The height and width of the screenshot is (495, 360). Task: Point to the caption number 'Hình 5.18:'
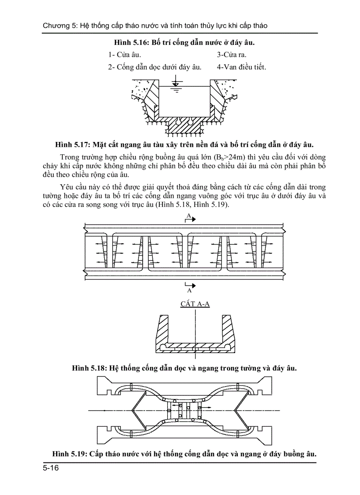click(89, 368)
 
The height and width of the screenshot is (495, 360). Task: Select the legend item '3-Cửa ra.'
click(231, 55)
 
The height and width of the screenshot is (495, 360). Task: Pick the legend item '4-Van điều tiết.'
click(241, 67)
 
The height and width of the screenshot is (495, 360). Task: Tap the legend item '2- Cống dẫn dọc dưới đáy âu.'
click(155, 67)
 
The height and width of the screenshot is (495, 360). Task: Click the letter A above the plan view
click(188, 215)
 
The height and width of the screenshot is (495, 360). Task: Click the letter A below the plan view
click(189, 290)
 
